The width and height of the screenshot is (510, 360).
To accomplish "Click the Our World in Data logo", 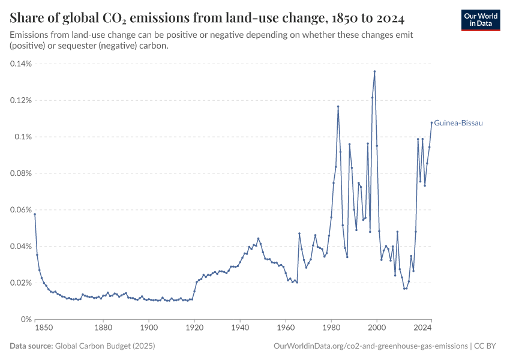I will pos(480,20).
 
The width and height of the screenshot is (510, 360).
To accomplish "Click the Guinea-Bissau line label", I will pos(458,123).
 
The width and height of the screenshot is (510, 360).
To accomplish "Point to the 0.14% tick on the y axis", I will pos(22,64).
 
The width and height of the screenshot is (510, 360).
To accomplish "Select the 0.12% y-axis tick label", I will pos(22,100).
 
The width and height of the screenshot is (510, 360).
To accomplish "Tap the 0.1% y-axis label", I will pos(24,137).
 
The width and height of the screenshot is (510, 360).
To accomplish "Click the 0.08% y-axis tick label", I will pos(22,173).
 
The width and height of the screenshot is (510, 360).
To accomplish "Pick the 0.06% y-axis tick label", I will pos(22,210).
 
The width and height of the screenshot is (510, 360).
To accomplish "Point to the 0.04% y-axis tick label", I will pos(22,247).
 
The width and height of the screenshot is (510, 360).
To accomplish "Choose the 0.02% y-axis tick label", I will pos(22,283).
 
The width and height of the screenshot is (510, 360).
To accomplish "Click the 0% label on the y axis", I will pos(26,319).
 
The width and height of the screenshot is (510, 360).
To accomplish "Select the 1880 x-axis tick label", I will pos(103,328).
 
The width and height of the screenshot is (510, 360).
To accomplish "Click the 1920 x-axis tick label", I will pos(194,328).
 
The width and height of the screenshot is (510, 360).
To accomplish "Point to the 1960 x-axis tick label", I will pos(286,328).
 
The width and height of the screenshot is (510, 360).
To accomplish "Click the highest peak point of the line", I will pos(374,71).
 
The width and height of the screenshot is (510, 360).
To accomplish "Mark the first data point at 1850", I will pos(35,214).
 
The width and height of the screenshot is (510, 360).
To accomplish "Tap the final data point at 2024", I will pos(431,123).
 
